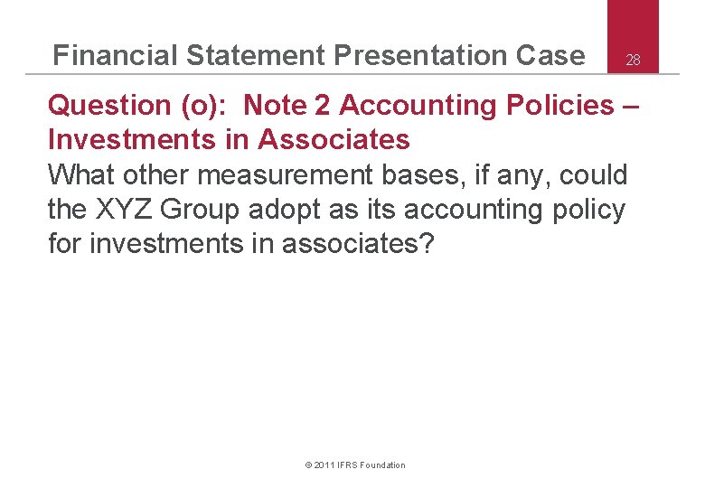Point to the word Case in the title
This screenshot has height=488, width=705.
[550, 56]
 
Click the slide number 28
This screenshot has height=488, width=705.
[634, 61]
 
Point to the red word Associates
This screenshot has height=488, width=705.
[334, 140]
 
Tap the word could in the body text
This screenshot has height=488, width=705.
[593, 174]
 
